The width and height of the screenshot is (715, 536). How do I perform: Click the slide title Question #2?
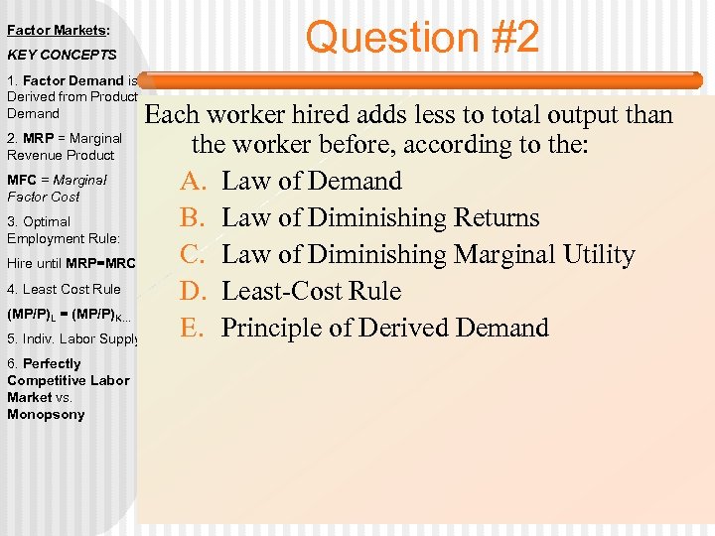(423, 38)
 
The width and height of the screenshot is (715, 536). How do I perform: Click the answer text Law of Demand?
(312, 182)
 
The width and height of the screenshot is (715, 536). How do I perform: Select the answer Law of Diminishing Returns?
(380, 218)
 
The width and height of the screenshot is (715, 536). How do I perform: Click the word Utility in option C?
(594, 255)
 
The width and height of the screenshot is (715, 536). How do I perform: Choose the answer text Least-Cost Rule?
(312, 292)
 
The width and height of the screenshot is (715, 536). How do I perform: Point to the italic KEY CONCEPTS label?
(62, 55)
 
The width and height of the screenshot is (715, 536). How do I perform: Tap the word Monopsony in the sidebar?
(46, 414)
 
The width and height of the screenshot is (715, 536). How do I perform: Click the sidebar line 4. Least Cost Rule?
(64, 289)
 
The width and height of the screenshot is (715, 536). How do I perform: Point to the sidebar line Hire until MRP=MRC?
(71, 263)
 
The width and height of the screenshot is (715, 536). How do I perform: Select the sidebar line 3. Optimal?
(39, 221)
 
